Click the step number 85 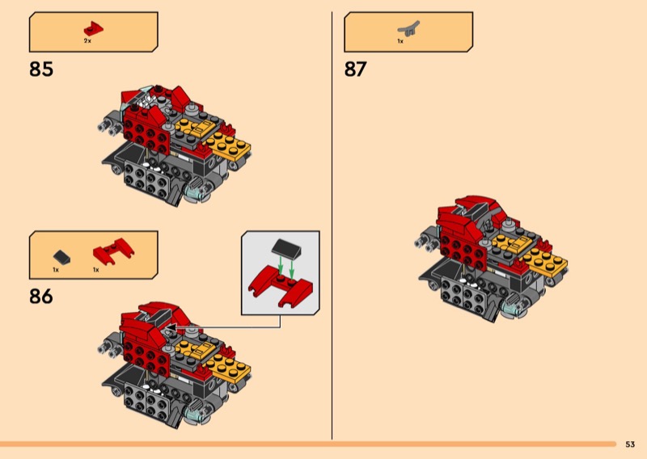41,69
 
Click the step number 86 41,296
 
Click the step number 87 356,69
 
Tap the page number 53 630,444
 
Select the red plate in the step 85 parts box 94,29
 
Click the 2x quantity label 87,41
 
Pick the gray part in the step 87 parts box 408,29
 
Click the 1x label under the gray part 400,41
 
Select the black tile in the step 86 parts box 62,257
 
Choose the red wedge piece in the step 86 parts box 113,251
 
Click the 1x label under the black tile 56,270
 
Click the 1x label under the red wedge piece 95,270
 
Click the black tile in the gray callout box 287,247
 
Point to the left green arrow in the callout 281,265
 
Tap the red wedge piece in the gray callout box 281,288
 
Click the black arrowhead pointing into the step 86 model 171,328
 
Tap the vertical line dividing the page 332,225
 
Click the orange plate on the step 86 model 228,367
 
